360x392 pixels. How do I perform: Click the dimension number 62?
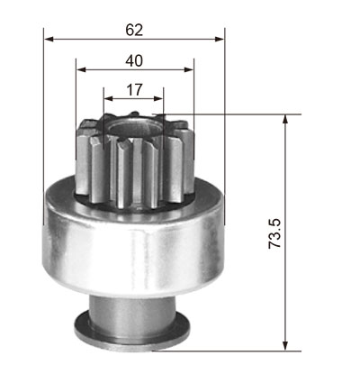point(134,30)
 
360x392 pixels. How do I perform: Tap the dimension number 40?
point(134,61)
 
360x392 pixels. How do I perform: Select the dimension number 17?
point(134,90)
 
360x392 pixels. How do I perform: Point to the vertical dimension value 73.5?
point(274,233)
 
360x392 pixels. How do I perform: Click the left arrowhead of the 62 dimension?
point(49,39)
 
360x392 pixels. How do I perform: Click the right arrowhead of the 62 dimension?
point(220,39)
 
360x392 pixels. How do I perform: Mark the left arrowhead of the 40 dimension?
point(81,69)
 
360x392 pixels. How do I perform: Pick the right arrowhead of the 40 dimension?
point(189,69)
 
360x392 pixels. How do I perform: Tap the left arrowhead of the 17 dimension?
point(109,98)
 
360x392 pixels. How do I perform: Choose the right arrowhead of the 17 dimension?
point(158,98)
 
